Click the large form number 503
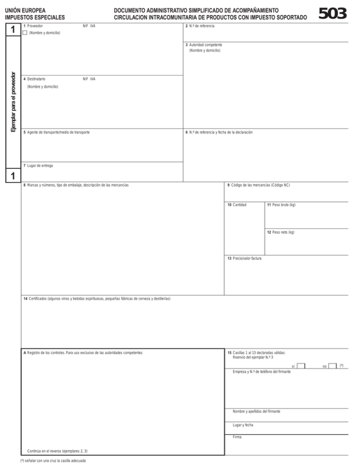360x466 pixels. pos(332,14)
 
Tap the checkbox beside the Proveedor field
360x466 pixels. pos(25,33)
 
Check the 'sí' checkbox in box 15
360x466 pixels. pos(301,366)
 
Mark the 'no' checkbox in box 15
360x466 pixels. pos(332,366)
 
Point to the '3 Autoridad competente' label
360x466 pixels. pos(203,45)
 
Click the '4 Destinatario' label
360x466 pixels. pos(34,79)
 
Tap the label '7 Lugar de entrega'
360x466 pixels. pos(38,165)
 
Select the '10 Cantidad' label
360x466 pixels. pos(237,205)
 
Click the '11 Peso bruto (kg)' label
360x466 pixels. pos(281,205)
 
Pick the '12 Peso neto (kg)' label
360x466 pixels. pos(280,232)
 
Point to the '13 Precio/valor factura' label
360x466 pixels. pos(244,258)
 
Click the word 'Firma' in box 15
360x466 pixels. pos(237,437)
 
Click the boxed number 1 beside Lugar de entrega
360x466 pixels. pos(11,176)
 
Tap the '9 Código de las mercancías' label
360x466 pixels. pos(259,185)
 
